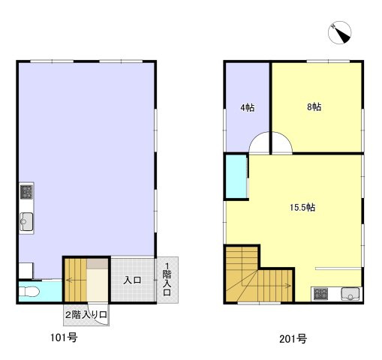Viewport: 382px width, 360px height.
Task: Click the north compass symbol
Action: pyautogui.click(x=339, y=32)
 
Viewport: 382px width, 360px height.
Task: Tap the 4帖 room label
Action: pyautogui.click(x=248, y=107)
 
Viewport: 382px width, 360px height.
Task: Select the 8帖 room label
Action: pyautogui.click(x=314, y=107)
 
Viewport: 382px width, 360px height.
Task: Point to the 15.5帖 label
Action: pyautogui.click(x=302, y=207)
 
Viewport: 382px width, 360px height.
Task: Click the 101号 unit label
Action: pyautogui.click(x=64, y=337)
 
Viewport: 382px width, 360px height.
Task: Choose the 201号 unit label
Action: pyautogui.click(x=293, y=339)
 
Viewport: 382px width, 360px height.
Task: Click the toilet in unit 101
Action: pyautogui.click(x=29, y=292)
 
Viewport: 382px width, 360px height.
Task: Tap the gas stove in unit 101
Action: pyautogui.click(x=26, y=192)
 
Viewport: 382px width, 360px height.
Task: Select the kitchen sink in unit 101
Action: pyautogui.click(x=26, y=221)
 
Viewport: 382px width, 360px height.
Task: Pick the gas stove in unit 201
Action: pyautogui.click(x=320, y=294)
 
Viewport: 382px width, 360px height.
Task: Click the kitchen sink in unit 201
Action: pyautogui.click(x=350, y=294)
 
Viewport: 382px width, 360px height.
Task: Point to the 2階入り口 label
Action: pyautogui.click(x=86, y=315)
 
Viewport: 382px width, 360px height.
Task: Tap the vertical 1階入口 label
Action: pyautogui.click(x=167, y=280)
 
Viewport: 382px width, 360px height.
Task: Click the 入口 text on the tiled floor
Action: pyautogui.click(x=132, y=280)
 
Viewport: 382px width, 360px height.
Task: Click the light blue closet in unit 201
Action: pyautogui.click(x=236, y=176)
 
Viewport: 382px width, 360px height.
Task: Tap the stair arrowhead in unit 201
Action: pyautogui.click(x=289, y=286)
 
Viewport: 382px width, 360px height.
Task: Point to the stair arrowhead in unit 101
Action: pyautogui.click(x=68, y=280)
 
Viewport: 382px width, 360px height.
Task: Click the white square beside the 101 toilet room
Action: pyautogui.click(x=26, y=270)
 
